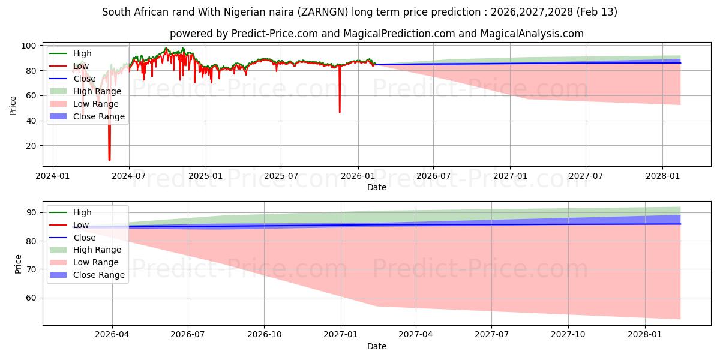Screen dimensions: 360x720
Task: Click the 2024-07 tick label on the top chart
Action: pos(129,176)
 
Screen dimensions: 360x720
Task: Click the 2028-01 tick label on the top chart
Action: pos(662,176)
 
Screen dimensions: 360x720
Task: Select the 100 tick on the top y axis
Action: pos(28,46)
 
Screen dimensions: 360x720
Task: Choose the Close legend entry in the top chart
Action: pos(84,79)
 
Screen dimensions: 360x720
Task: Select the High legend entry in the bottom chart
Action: pos(82,212)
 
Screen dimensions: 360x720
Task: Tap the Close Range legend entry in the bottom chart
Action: pos(98,275)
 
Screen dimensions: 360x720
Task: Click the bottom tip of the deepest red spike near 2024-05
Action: pos(109,160)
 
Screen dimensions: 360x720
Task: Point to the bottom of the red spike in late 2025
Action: pos(340,112)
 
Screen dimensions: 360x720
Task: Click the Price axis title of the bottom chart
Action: pos(18,264)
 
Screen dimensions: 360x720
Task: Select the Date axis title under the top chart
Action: pos(377,187)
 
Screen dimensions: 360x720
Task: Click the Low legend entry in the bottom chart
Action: pos(80,225)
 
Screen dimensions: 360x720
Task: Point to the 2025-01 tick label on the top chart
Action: pos(206,176)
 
